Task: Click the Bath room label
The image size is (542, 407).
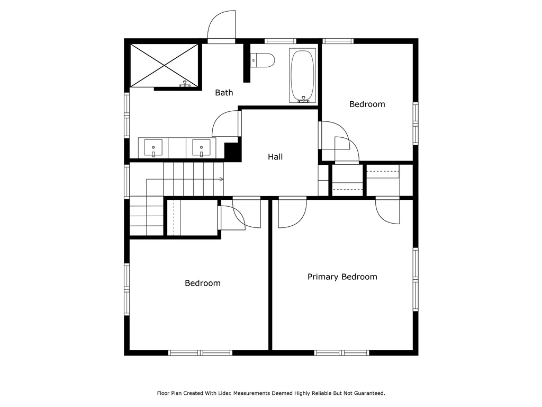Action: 224,93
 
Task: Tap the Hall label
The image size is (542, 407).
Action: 275,157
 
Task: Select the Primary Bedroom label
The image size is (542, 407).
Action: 342,277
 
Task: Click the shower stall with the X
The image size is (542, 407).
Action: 164,65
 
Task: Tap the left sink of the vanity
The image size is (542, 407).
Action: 153,147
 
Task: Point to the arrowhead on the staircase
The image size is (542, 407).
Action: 221,179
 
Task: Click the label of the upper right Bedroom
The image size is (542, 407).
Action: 367,104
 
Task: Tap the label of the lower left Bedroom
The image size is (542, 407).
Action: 202,284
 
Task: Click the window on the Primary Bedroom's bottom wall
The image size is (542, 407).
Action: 341,352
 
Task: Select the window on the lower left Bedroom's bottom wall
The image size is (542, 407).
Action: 200,352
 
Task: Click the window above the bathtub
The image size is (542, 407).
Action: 280,41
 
